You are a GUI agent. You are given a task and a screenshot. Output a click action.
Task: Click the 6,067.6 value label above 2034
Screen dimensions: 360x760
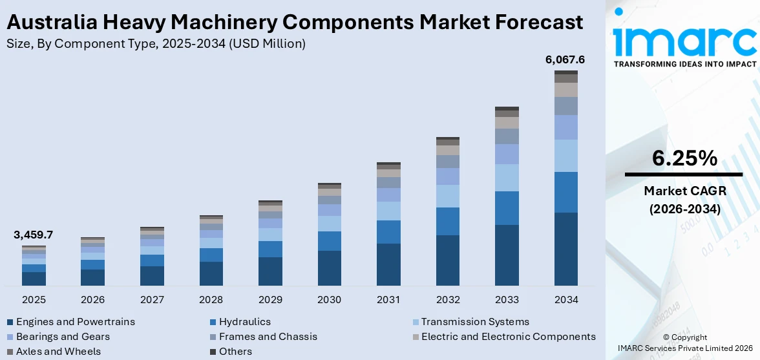click(x=565, y=59)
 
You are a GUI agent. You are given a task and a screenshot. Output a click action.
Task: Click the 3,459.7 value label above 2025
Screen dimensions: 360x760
click(x=33, y=235)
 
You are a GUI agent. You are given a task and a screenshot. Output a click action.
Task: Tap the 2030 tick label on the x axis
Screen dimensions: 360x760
click(x=330, y=300)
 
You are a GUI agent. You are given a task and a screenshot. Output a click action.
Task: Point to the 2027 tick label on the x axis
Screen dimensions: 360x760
click(x=152, y=300)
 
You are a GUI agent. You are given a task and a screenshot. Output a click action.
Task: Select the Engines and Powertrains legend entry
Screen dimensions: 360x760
click(x=75, y=322)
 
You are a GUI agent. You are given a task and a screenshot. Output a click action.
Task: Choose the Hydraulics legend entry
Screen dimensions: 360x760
click(x=244, y=322)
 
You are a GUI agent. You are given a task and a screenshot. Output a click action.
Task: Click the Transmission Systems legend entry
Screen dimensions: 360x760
click(x=475, y=322)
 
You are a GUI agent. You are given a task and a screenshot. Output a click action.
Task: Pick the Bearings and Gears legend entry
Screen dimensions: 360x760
click(x=63, y=337)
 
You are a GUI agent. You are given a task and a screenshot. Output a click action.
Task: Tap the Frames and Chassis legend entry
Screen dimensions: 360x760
click(x=268, y=337)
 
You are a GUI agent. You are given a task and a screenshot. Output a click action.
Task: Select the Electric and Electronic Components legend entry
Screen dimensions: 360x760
click(x=508, y=337)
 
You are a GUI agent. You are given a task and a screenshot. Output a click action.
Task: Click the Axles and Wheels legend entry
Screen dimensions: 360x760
click(x=58, y=352)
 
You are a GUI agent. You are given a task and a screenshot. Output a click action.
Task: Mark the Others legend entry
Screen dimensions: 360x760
click(x=235, y=352)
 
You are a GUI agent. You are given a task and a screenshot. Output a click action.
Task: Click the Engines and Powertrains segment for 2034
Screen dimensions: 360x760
click(x=565, y=249)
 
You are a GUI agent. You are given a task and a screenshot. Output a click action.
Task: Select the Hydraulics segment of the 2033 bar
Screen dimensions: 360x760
click(x=507, y=208)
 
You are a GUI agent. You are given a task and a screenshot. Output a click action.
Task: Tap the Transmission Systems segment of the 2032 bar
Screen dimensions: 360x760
click(x=448, y=196)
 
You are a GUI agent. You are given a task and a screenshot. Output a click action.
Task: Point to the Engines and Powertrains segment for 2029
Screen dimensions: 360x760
click(x=270, y=271)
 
